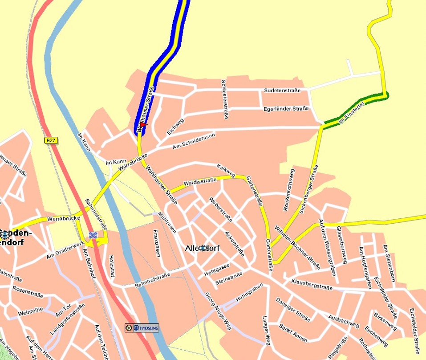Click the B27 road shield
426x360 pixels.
[51, 140]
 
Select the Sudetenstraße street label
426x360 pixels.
[282, 90]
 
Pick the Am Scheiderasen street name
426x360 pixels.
[194, 141]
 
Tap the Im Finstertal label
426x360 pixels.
[352, 112]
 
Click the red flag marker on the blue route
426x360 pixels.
[142, 125]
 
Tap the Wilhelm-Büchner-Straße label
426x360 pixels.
[297, 247]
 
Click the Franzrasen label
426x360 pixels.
[156, 243]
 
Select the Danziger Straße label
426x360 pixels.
[292, 310]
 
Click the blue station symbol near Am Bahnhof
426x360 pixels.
[93, 235]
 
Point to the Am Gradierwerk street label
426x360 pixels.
[65, 250]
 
